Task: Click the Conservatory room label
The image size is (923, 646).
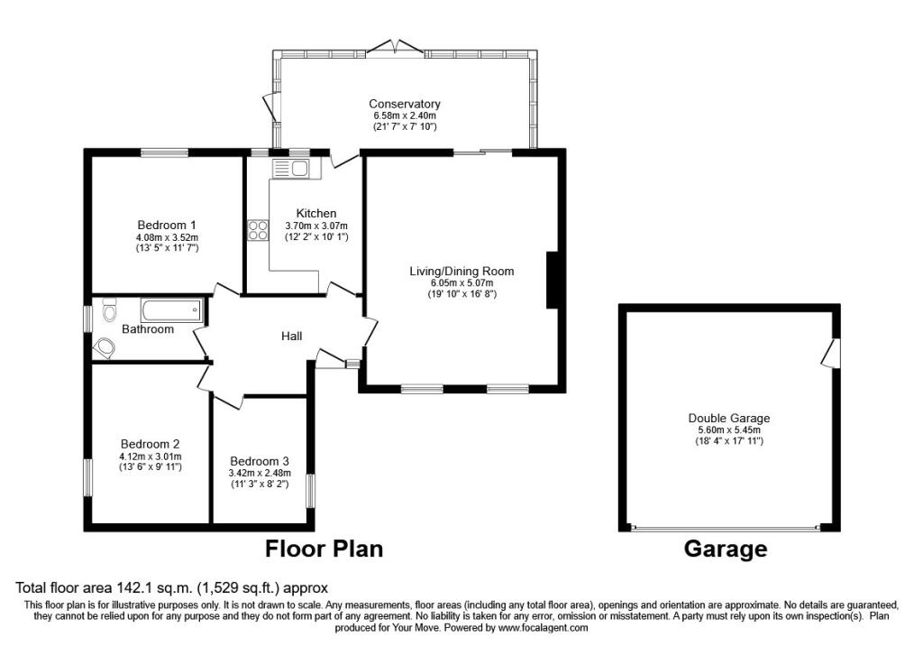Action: coord(405,104)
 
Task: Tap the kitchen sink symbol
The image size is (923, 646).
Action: coord(290,168)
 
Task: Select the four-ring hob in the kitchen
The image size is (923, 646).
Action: coord(258,230)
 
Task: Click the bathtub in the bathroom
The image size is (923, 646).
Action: coord(171,311)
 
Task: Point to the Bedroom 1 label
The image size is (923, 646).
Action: coord(167,225)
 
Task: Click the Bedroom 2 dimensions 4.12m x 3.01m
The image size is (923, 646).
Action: coord(151,456)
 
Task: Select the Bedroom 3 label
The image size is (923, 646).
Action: coord(260,460)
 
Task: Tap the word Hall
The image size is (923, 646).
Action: coord(291,337)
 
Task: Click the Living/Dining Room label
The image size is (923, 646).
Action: coord(461,271)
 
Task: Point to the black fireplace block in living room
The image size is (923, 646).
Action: coord(555,281)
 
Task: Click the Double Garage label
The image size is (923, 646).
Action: coord(728,419)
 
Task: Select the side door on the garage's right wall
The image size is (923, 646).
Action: coord(830,353)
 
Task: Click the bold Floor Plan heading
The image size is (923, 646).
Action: coord(324,549)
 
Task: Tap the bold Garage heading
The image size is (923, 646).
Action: coord(726,549)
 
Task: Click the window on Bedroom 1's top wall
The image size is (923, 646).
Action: coord(163,152)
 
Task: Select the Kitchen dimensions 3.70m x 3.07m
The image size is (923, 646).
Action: coord(315,226)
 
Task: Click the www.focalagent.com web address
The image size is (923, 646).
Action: coord(543,627)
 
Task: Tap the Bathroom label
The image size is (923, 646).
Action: coord(148,329)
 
